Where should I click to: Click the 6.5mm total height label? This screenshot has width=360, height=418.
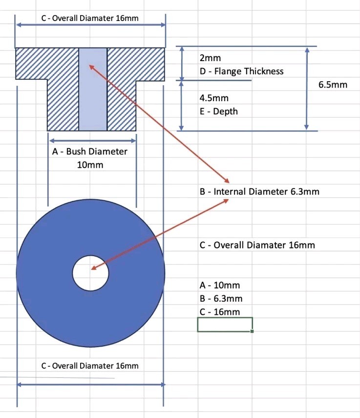click(333, 85)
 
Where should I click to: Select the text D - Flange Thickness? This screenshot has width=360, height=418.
click(241, 71)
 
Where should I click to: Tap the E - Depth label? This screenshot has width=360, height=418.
click(218, 111)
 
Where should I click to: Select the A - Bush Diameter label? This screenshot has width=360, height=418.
click(89, 152)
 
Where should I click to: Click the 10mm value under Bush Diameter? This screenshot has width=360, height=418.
click(90, 165)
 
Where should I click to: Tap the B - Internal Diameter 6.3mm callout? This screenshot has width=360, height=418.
click(259, 192)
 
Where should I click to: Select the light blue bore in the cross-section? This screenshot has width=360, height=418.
click(93, 98)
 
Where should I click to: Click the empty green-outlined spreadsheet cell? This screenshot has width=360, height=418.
click(225, 324)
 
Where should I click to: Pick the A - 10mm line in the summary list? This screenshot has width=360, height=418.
click(220, 286)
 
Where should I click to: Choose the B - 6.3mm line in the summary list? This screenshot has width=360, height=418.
click(221, 299)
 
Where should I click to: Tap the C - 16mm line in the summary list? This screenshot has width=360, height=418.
click(220, 312)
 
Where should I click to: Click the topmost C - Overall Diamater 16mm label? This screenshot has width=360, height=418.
click(90, 19)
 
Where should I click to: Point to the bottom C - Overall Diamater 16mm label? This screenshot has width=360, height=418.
click(90, 366)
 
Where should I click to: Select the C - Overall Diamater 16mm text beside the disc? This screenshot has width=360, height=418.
click(257, 245)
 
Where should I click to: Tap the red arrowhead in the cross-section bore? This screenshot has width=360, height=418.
click(91, 66)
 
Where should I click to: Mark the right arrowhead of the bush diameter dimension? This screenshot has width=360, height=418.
click(133, 140)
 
